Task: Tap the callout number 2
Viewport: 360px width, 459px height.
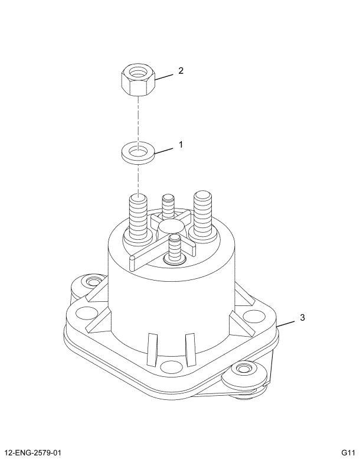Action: tap(181, 71)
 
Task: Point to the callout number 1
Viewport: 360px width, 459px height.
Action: tap(181, 144)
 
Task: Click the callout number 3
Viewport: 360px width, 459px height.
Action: tap(302, 317)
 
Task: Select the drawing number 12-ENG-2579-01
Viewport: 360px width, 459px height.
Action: tap(34, 453)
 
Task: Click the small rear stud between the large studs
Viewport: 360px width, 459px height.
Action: tap(168, 207)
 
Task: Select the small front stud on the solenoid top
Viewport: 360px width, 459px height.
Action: tap(174, 248)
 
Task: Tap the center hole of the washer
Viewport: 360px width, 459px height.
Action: tap(138, 153)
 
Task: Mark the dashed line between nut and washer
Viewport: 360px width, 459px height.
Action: tap(138, 121)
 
